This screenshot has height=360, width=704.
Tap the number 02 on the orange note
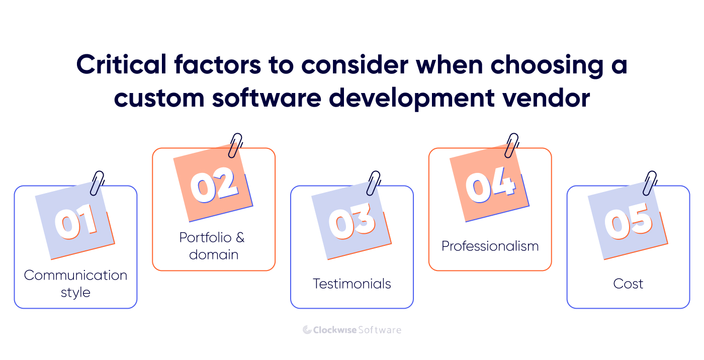click(214, 184)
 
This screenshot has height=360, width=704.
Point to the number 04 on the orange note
click(490, 184)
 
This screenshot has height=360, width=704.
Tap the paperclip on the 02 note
click(235, 145)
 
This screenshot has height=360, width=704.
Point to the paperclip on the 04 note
click(512, 145)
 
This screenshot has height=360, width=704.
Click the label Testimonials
click(352, 284)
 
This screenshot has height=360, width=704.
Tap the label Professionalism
click(490, 246)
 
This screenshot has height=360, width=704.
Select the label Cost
click(629, 284)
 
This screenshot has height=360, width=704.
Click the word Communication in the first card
click(75, 276)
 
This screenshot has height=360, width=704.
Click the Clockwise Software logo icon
click(307, 330)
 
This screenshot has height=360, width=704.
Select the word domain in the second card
click(214, 254)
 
